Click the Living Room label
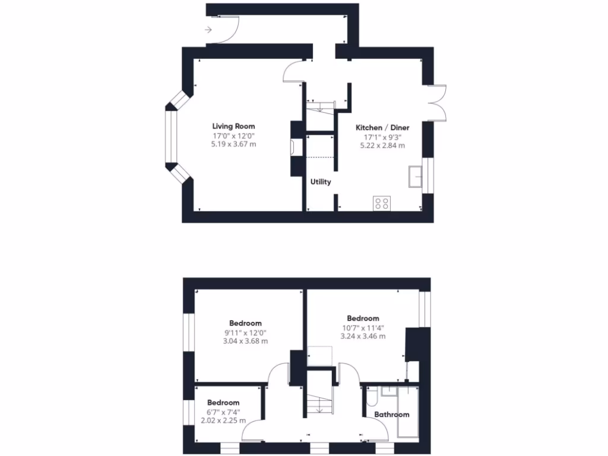(233, 126)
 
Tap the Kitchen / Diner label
(382, 128)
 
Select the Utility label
(321, 182)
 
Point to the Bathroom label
(391, 414)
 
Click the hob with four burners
(382, 204)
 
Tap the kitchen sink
(415, 177)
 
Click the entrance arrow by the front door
(207, 29)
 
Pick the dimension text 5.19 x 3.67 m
(233, 144)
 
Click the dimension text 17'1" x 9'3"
(382, 137)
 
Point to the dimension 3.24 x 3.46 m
(363, 336)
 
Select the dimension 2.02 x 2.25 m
(223, 421)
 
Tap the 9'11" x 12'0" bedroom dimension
(245, 332)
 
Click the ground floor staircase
(321, 107)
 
